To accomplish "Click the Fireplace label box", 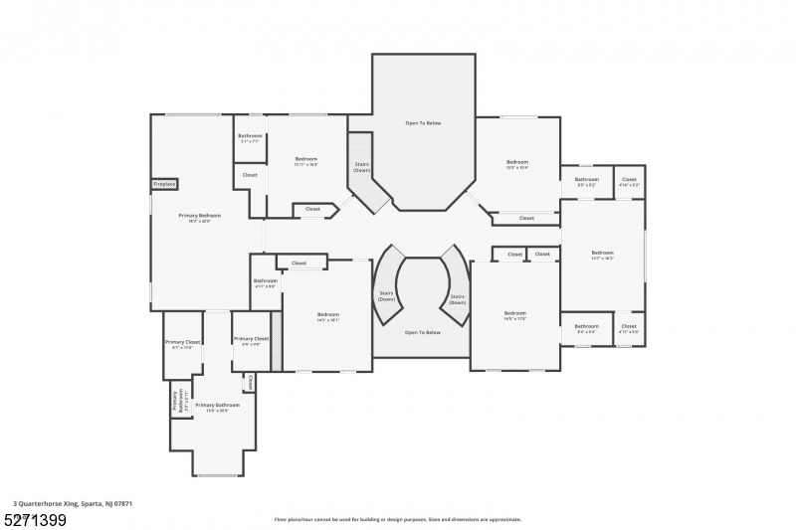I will [x=164, y=184].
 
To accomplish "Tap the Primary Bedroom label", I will [x=199, y=218].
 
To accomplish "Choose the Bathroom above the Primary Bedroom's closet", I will [x=250, y=138].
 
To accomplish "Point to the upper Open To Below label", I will [x=423, y=123].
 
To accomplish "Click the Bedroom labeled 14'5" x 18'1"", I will [x=328, y=317].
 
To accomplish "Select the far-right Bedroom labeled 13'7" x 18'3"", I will [x=602, y=255].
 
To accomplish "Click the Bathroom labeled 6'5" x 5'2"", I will [x=586, y=183].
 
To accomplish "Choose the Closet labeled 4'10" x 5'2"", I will [x=629, y=183].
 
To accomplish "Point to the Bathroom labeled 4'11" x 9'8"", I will [x=265, y=283].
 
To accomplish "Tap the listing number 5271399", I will [x=35, y=519].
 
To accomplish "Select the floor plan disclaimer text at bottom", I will [x=397, y=519].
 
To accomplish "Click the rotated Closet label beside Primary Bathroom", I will [x=250, y=383].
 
